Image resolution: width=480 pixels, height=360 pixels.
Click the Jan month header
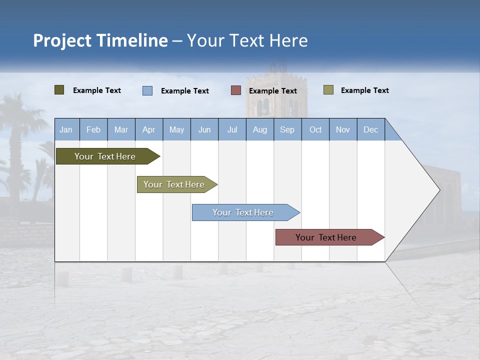66,129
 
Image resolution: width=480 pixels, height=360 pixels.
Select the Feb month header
93,129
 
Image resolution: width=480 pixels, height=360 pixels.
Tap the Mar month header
121,129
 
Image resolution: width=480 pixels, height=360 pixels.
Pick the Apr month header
149,129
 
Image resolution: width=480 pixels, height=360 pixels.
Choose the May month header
176,129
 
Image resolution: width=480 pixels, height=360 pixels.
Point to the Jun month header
204,129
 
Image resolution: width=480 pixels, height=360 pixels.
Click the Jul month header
232,129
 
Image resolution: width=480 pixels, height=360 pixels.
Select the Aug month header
260,129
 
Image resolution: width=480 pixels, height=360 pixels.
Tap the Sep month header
287,129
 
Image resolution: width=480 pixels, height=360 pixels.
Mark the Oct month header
315,129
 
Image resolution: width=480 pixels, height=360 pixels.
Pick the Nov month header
343,129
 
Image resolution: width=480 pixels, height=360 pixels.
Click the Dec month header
371,129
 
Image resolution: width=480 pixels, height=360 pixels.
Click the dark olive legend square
59,90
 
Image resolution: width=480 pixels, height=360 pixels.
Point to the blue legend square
147,90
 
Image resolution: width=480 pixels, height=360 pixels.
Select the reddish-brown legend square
236,90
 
